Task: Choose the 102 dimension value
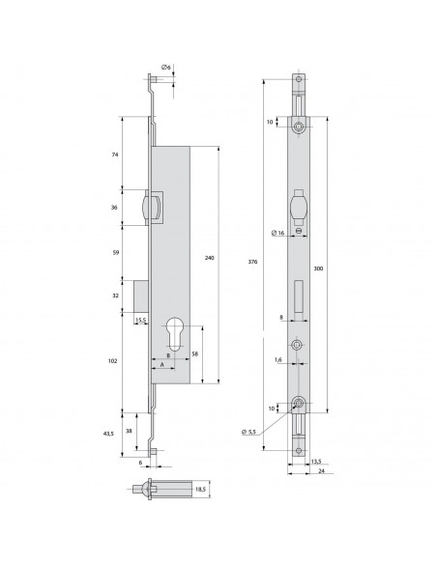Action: point(112,360)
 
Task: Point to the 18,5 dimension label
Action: point(200,491)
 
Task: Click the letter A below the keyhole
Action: point(160,366)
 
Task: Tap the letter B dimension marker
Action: point(170,355)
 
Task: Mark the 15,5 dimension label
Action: point(141,320)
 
